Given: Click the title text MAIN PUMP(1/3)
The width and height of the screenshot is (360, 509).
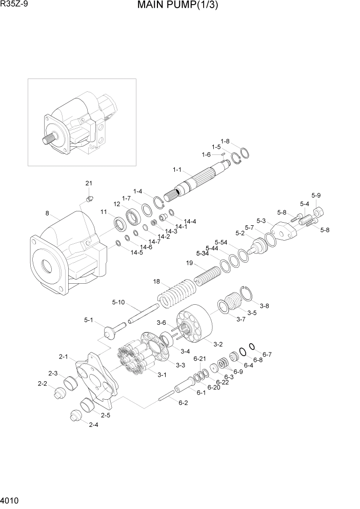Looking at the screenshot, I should click(177, 6).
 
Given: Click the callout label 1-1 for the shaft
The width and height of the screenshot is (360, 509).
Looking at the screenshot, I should click(178, 169).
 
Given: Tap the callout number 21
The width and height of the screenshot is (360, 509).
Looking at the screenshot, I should click(89, 183).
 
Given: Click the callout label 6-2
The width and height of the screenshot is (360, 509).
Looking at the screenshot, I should click(183, 403).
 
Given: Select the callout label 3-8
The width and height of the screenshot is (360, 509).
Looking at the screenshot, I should click(264, 306).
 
